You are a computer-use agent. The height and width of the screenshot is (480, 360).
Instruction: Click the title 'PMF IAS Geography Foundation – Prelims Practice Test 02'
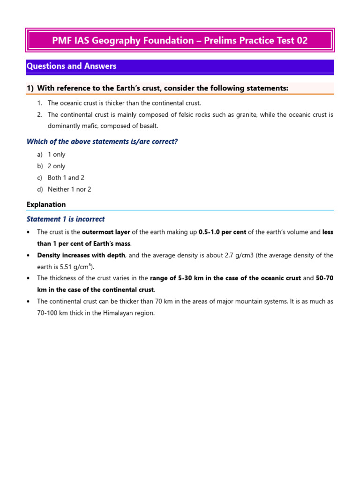coord(180,41)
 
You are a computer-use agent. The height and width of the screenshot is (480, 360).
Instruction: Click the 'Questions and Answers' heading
coord(71,66)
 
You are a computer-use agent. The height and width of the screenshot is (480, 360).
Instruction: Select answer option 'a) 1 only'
coord(56,155)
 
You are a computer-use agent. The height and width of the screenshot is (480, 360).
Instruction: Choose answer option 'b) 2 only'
coord(56,166)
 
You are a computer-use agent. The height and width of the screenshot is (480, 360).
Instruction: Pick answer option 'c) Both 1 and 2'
coord(66,178)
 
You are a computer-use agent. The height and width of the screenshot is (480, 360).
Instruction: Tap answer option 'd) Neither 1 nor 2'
coord(69,189)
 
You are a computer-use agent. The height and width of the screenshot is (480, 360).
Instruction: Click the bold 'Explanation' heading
coord(46,205)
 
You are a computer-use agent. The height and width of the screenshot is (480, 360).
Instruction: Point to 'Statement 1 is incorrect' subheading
coord(66,219)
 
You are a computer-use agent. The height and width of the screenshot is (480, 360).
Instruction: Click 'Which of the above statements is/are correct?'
coord(102,142)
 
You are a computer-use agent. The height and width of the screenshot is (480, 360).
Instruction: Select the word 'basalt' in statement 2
coord(148,126)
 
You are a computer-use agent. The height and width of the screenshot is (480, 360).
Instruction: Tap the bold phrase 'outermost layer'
coord(105,232)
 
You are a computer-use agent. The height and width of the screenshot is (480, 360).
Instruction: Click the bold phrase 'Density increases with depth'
coord(81,255)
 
